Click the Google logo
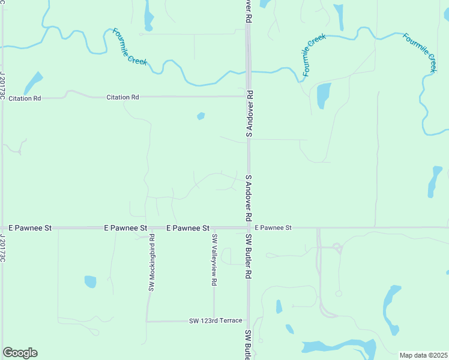tap(20, 353)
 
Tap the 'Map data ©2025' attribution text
tap(424, 355)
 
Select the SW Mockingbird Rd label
tap(152, 266)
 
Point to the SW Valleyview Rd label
tap(213, 259)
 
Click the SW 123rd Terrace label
tap(215, 321)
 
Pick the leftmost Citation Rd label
tap(25, 97)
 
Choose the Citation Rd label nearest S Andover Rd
tap(122, 97)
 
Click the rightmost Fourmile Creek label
tap(420, 53)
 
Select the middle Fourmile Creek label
tap(315, 55)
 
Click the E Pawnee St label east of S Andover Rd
tap(273, 228)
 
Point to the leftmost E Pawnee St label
tap(31, 228)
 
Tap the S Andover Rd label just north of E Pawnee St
tap(248, 198)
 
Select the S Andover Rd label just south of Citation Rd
tap(248, 114)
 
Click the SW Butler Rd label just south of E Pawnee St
tap(247, 257)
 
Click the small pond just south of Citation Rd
tap(200, 116)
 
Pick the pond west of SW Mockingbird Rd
tap(91, 281)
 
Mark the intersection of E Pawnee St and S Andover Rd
tap(248, 227)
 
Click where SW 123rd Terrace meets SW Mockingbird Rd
tap(147, 321)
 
